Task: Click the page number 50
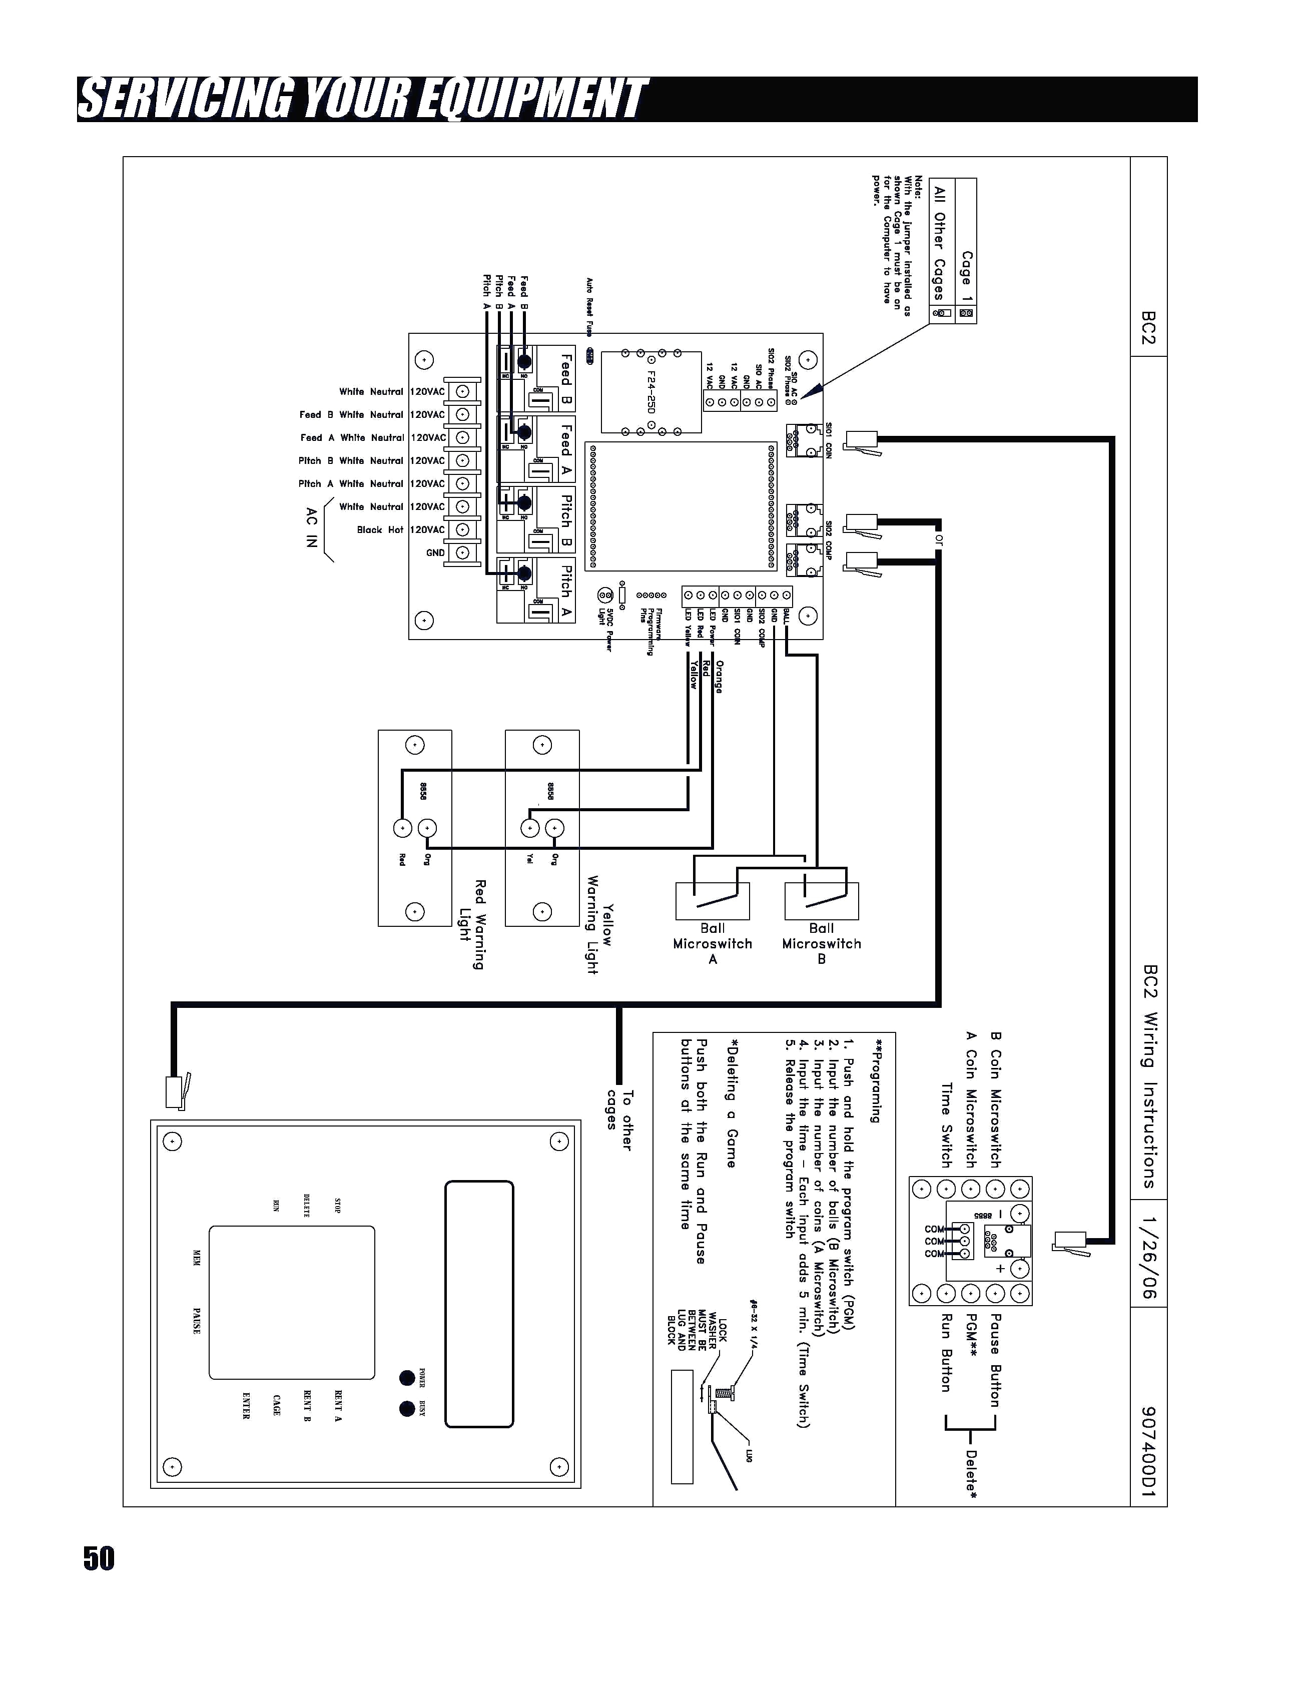click(x=99, y=1558)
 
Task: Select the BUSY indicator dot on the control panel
click(x=407, y=1408)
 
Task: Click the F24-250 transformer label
click(x=651, y=391)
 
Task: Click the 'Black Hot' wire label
click(x=380, y=530)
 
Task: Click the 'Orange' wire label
click(x=719, y=676)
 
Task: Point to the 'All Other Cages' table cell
click(x=940, y=243)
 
